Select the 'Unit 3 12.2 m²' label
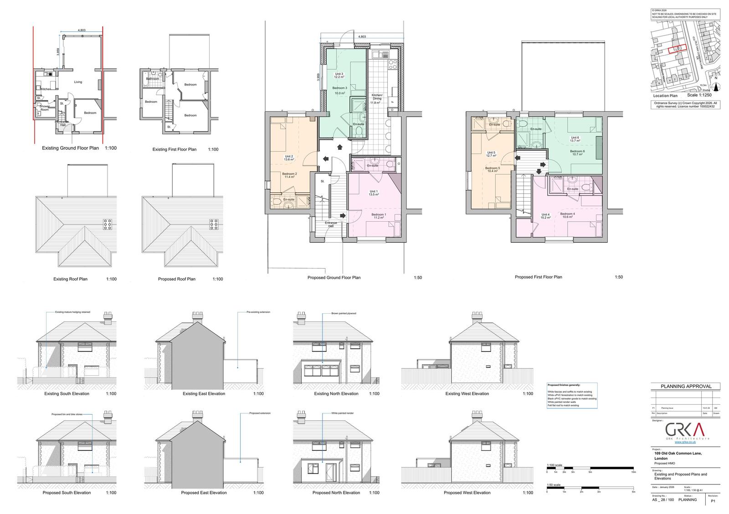[x=339, y=76]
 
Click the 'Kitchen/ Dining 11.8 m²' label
[x=376, y=99]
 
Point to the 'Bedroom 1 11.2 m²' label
[x=379, y=216]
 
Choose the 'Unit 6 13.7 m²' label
[x=575, y=139]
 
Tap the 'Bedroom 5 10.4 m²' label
[x=493, y=169]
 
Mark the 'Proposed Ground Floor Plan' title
[x=334, y=278]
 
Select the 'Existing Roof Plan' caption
[x=70, y=279]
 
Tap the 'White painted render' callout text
[x=343, y=413]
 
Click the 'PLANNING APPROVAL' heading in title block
[x=686, y=387]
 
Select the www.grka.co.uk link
[x=685, y=442]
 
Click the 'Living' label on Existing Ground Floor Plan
[x=78, y=82]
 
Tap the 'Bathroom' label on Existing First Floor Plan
[x=153, y=79]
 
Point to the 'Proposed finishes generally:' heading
[x=564, y=385]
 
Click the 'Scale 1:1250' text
[x=699, y=96]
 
